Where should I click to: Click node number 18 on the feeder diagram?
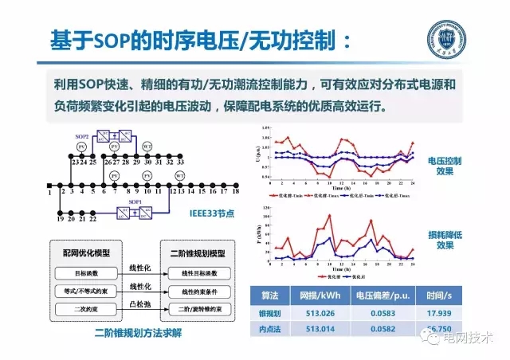pyautogui.click(x=236, y=191)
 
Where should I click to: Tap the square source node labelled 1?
pyautogui.click(x=49, y=191)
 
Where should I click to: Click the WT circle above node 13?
pyautogui.click(x=180, y=174)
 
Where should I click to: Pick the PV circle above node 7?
pyautogui.click(x=114, y=174)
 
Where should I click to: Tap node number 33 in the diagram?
pyautogui.click(x=180, y=162)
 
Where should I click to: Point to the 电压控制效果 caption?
pyautogui.click(x=455, y=165)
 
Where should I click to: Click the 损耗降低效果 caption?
pyautogui.click(x=455, y=241)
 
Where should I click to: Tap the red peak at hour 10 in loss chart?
pyautogui.click(x=329, y=215)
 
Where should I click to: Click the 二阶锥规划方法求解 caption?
pyautogui.click(x=132, y=332)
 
